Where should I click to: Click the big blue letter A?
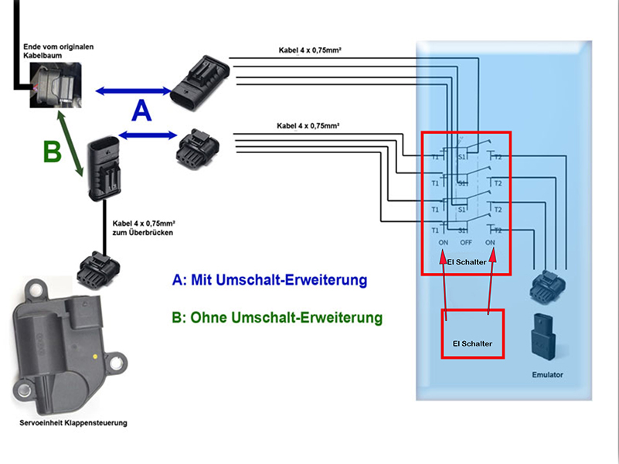pyautogui.click(x=141, y=111)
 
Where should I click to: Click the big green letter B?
pyautogui.click(x=51, y=152)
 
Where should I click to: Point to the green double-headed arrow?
pyautogui.click(x=71, y=143)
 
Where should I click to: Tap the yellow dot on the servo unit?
pyautogui.click(x=94, y=357)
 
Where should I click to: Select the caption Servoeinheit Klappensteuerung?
pyautogui.click(x=73, y=423)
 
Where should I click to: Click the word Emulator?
pyautogui.click(x=547, y=375)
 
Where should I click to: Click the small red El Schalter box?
pyautogui.click(x=472, y=333)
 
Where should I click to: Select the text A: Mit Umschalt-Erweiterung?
pyautogui.click(x=269, y=280)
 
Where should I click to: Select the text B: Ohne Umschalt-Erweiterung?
pyautogui.click(x=277, y=317)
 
